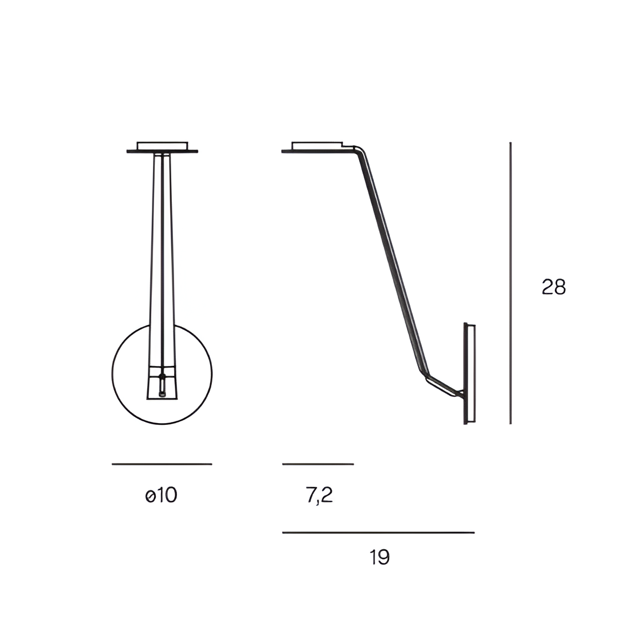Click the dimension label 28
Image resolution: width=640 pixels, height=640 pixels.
tap(553, 287)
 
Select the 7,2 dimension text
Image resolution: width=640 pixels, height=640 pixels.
tap(319, 496)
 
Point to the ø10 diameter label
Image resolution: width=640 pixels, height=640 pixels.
tap(161, 496)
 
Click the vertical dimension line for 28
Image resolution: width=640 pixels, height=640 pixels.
tap(510, 283)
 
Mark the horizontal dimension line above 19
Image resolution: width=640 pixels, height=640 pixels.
tap(379, 532)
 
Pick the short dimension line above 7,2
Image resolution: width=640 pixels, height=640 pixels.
tap(318, 464)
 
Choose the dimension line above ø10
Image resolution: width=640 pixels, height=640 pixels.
tap(162, 464)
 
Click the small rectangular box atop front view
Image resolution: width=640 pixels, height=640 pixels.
tap(163, 146)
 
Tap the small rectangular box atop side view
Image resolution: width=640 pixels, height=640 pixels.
tap(317, 146)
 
